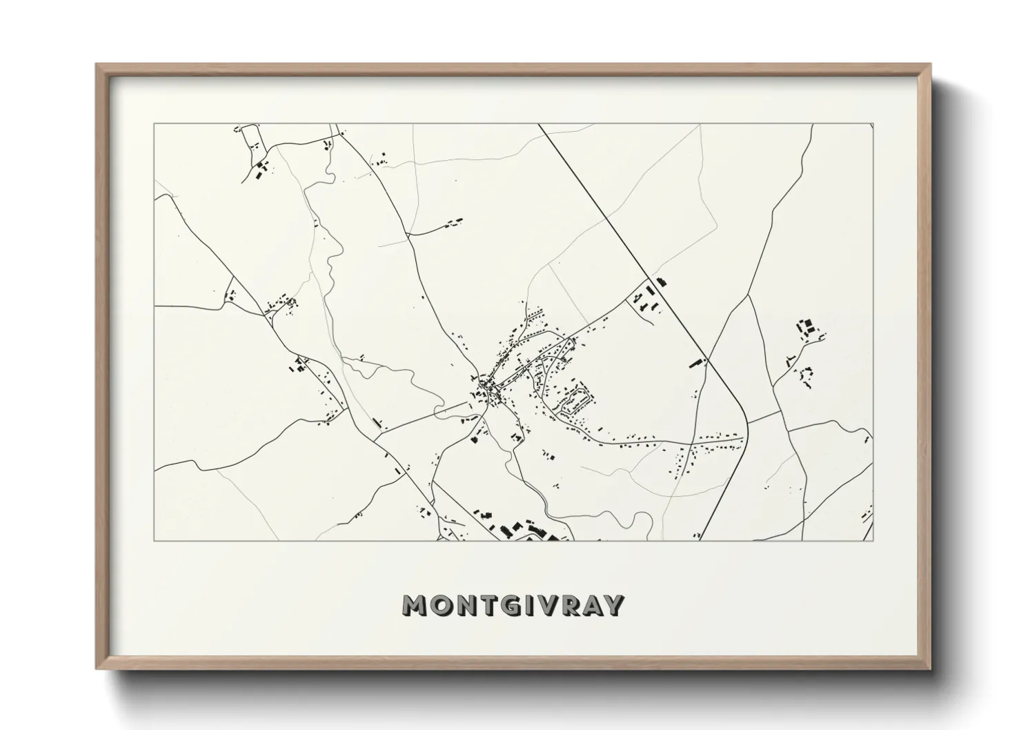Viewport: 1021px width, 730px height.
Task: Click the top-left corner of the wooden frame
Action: coord(97,65)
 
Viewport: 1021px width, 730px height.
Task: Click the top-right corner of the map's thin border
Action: coord(873,124)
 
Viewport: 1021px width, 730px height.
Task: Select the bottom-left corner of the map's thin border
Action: coord(154,540)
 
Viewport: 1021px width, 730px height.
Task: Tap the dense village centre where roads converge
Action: coord(490,391)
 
